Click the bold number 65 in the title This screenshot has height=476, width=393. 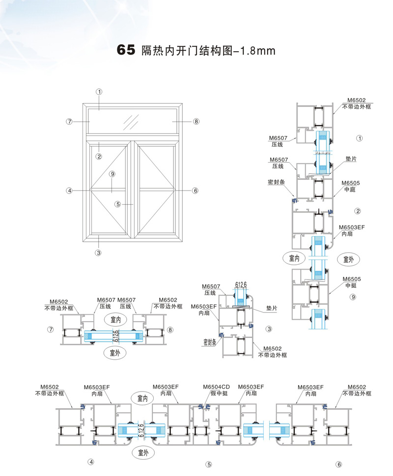pos(125,50)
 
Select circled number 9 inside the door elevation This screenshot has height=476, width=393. pos(112,174)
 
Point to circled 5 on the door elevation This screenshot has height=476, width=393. pos(118,204)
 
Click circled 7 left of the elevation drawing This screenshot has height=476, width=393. pos(70,121)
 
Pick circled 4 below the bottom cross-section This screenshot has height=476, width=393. pos(90,462)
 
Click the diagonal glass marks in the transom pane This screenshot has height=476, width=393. pos(131,120)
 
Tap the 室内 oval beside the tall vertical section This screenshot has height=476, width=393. pos(294,257)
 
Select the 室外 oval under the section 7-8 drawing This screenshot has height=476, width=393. pos(115,352)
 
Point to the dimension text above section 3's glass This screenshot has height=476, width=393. pos(241,285)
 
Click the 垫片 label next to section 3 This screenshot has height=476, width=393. pos(271,308)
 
